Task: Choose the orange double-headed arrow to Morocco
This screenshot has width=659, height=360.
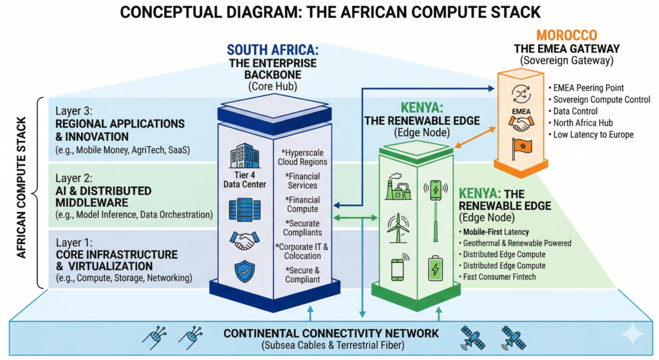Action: [x=477, y=136]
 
